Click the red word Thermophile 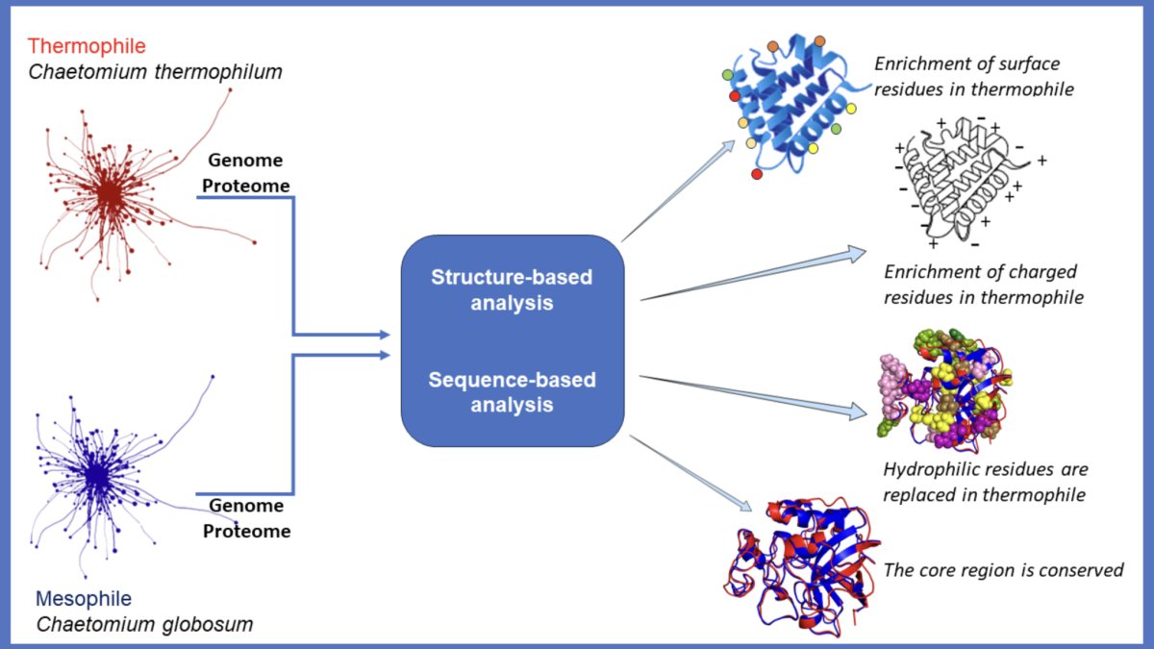pos(87,46)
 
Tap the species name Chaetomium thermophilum pos(155,71)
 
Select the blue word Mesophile pos(84,598)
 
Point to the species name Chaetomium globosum pos(145,624)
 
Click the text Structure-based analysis pos(512,290)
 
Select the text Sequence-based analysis pos(512,392)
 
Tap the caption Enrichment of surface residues pos(973,76)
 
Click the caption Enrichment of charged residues pos(984,285)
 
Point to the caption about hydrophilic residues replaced pos(986,482)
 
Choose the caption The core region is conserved pos(1004,570)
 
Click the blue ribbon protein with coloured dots pos(793,103)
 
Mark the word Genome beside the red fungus pos(245,161)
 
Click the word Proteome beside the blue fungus pos(246,531)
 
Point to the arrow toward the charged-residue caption pos(753,274)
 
